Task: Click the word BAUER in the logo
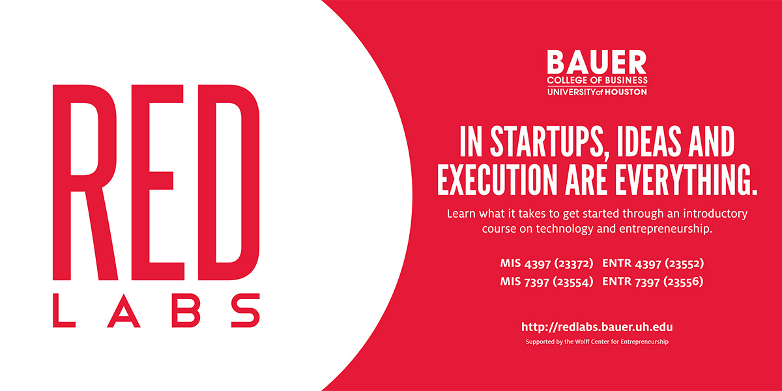pos(597,62)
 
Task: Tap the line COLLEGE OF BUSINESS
pos(597,80)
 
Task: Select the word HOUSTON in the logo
pos(626,92)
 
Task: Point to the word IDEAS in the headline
pos(649,141)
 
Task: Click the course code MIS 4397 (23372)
pos(547,263)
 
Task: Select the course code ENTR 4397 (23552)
pos(653,263)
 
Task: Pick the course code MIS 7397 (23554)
pos(547,282)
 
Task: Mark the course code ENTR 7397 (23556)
pos(653,282)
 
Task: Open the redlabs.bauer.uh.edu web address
pos(597,327)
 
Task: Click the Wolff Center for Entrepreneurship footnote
pos(597,341)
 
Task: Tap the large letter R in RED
pos(85,182)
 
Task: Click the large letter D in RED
pos(229,182)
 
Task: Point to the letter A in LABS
pos(124,310)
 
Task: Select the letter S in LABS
pos(246,310)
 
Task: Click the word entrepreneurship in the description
pos(665,229)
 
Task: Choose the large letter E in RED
pos(158,182)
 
